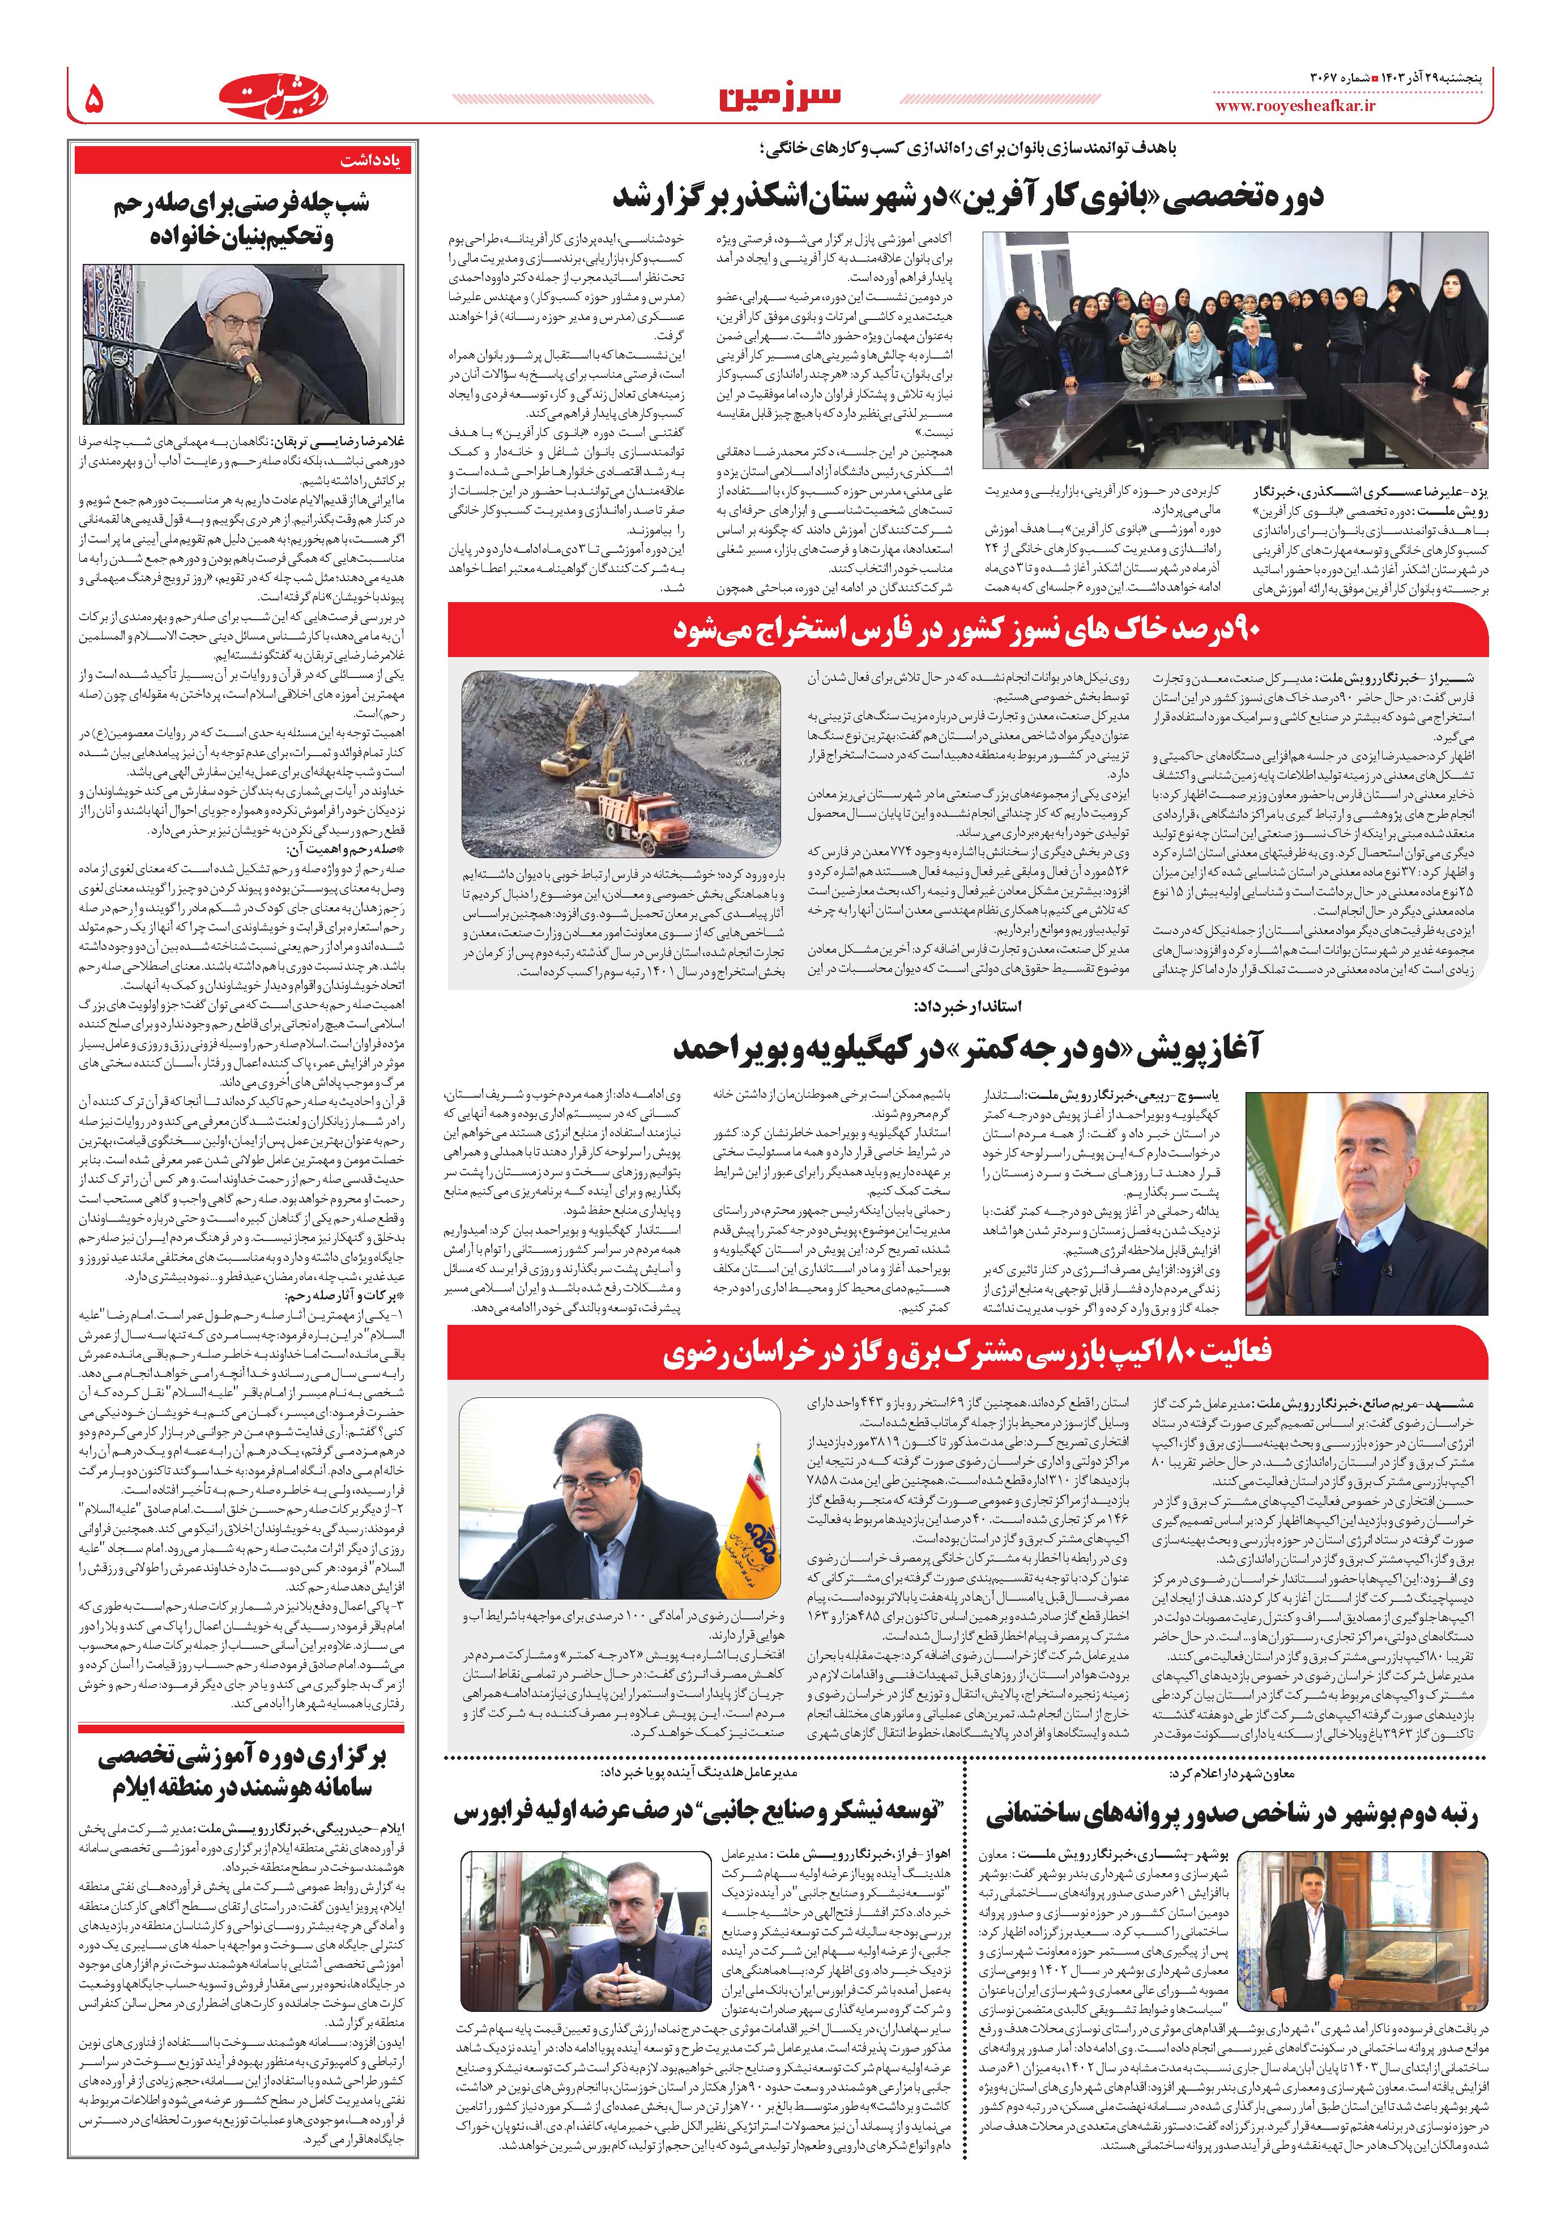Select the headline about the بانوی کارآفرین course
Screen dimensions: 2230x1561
point(966,197)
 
